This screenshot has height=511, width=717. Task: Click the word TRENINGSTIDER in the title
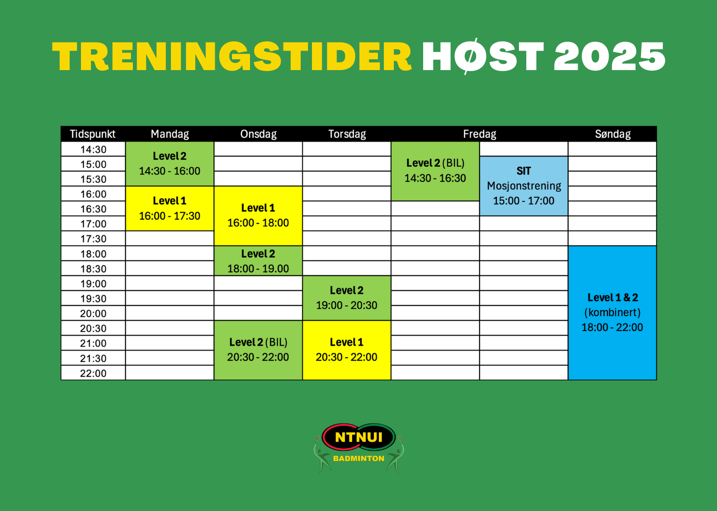click(x=231, y=57)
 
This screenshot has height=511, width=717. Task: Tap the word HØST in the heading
click(x=483, y=57)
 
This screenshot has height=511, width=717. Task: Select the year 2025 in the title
click(x=610, y=57)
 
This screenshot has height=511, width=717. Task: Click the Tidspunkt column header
click(x=93, y=134)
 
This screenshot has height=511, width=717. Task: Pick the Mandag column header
click(x=170, y=134)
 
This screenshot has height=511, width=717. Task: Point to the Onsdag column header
click(x=258, y=134)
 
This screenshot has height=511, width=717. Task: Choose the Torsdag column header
click(x=347, y=134)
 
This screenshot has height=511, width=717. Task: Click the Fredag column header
click(x=480, y=134)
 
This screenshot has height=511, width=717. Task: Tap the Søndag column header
click(x=613, y=134)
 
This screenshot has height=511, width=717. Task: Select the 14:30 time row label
click(x=93, y=149)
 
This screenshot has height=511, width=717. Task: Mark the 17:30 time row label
click(x=93, y=238)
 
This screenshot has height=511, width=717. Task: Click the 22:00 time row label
click(x=93, y=373)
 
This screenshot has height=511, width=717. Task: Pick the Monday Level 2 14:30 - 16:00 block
click(x=170, y=164)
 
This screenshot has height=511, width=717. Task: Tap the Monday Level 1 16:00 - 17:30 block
click(x=170, y=208)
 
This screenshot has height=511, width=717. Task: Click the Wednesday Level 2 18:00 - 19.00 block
click(x=258, y=260)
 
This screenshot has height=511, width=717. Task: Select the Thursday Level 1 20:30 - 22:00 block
click(x=347, y=350)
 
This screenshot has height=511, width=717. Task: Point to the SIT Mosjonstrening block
click(x=524, y=186)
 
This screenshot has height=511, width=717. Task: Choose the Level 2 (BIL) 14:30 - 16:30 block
click(x=435, y=171)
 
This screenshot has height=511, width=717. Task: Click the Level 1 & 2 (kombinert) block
click(x=612, y=313)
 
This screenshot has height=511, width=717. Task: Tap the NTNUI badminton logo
click(x=359, y=448)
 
